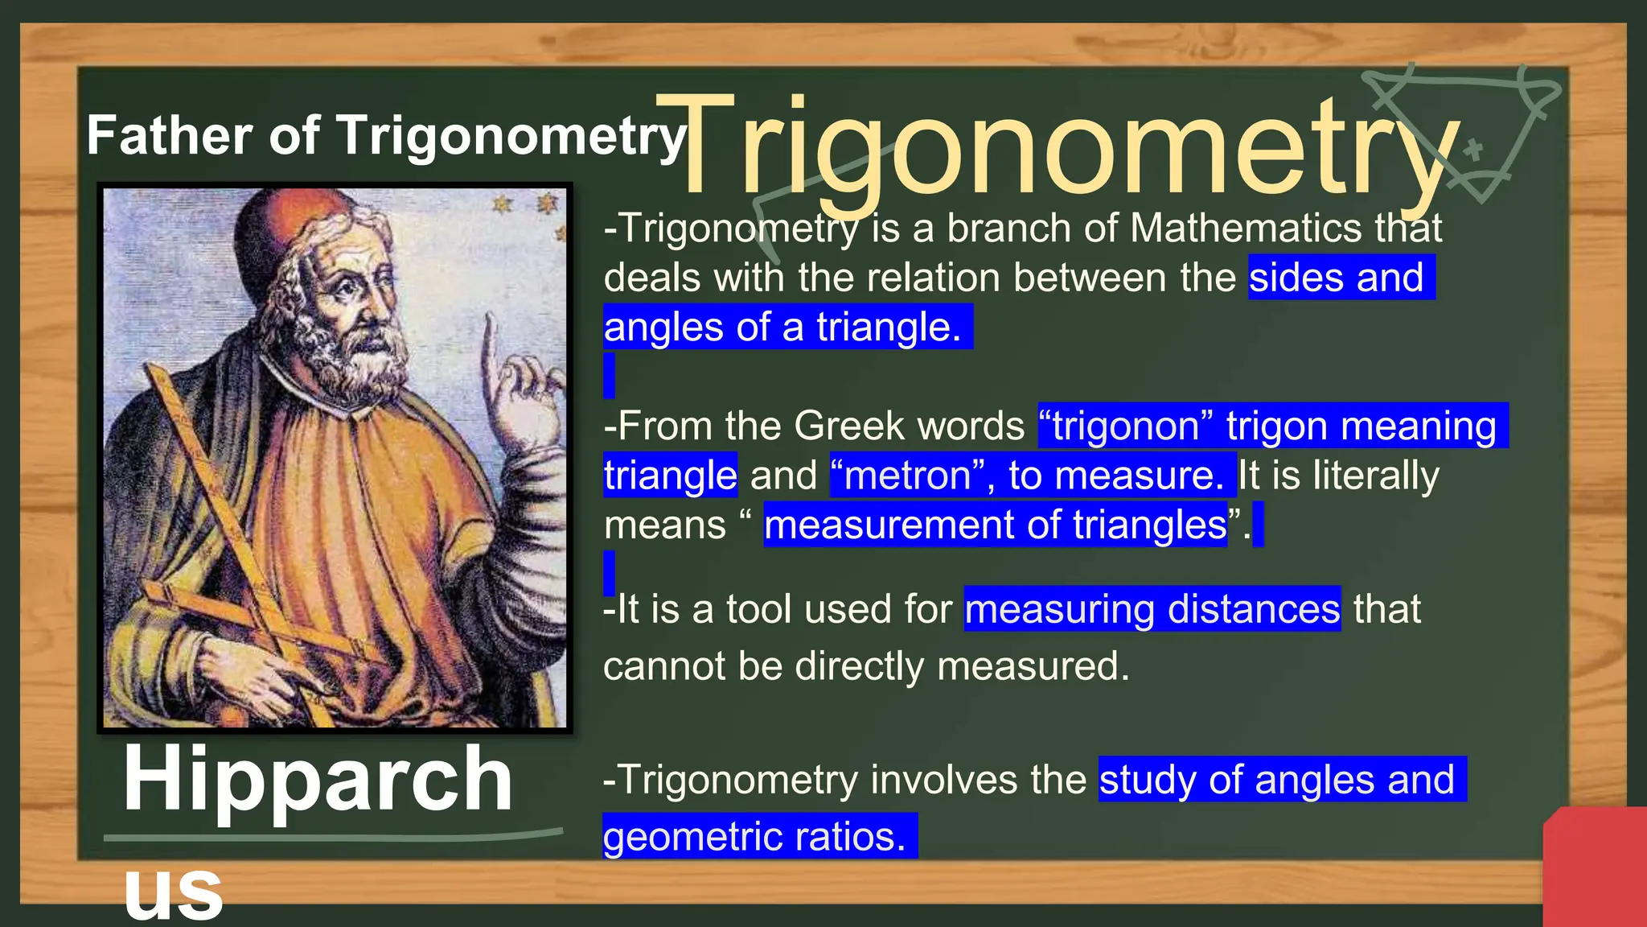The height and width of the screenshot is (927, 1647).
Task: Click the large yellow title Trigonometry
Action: [x=1054, y=149]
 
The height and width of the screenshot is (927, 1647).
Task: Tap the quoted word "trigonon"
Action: [x=1125, y=426]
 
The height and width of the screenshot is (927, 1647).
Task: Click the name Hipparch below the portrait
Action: [x=318, y=779]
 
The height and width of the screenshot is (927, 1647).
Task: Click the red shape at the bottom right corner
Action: [x=1596, y=869]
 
